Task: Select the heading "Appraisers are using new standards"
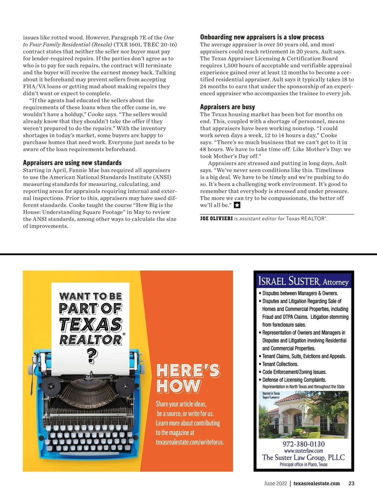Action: (x=72, y=163)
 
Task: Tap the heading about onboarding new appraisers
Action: (x=262, y=37)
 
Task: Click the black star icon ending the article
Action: (x=237, y=205)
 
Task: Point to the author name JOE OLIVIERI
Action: (x=216, y=219)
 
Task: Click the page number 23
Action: (x=351, y=483)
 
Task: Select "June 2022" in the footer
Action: (x=275, y=483)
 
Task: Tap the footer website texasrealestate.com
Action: (x=316, y=483)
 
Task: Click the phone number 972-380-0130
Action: (x=303, y=444)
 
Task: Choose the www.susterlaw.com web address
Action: (x=303, y=451)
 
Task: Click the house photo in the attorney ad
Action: (x=303, y=415)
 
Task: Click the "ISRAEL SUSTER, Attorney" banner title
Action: (x=303, y=281)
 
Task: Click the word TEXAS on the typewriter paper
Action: (x=91, y=324)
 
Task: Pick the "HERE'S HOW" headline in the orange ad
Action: (x=188, y=378)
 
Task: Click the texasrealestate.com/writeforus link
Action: (x=190, y=442)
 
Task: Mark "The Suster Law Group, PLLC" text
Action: (x=303, y=457)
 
